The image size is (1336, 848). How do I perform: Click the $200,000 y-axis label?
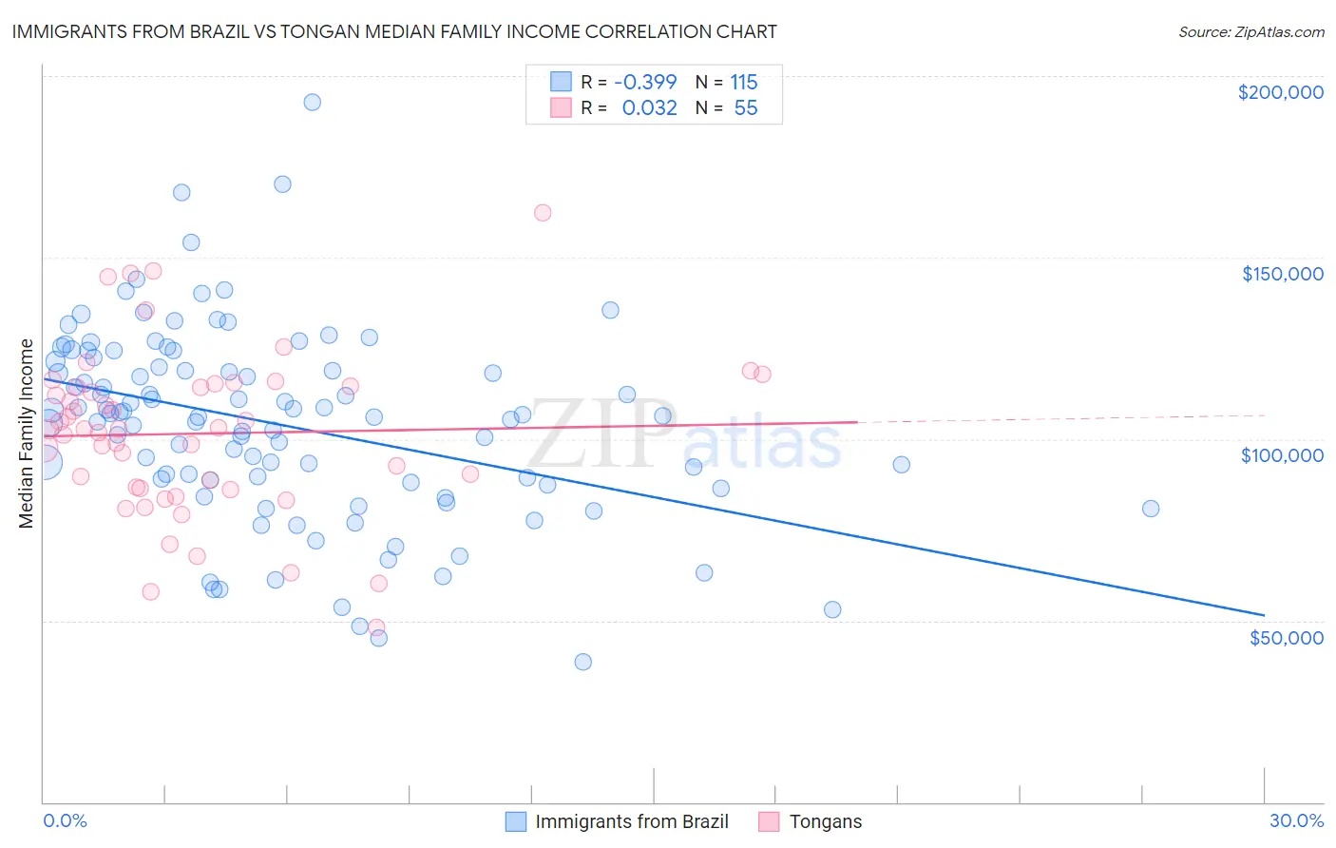click(1280, 92)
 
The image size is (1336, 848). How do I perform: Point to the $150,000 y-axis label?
click(1282, 274)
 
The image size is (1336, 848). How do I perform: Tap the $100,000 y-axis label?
click(1282, 455)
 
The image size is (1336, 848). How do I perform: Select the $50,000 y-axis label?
click(1286, 638)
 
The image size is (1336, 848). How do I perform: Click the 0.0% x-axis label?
click(65, 820)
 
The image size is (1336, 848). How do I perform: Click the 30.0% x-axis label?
click(1296, 820)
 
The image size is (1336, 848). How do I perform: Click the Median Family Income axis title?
click(27, 434)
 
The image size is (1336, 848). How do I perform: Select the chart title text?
click(393, 31)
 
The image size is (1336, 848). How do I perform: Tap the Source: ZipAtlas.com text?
click(1250, 31)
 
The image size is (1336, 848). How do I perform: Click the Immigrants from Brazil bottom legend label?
click(631, 821)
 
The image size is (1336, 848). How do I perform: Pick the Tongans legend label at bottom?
click(825, 821)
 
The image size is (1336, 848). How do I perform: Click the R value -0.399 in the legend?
click(645, 83)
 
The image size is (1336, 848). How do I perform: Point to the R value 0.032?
click(649, 108)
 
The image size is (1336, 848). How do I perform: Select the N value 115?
click(743, 83)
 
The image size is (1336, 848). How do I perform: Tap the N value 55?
click(746, 108)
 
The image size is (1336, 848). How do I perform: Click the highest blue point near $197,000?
click(312, 102)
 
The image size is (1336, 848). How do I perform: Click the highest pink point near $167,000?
click(543, 213)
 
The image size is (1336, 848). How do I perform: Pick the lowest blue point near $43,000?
click(583, 662)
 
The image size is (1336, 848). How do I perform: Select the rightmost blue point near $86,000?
click(1151, 509)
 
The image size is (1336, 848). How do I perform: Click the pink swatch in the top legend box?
click(561, 107)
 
